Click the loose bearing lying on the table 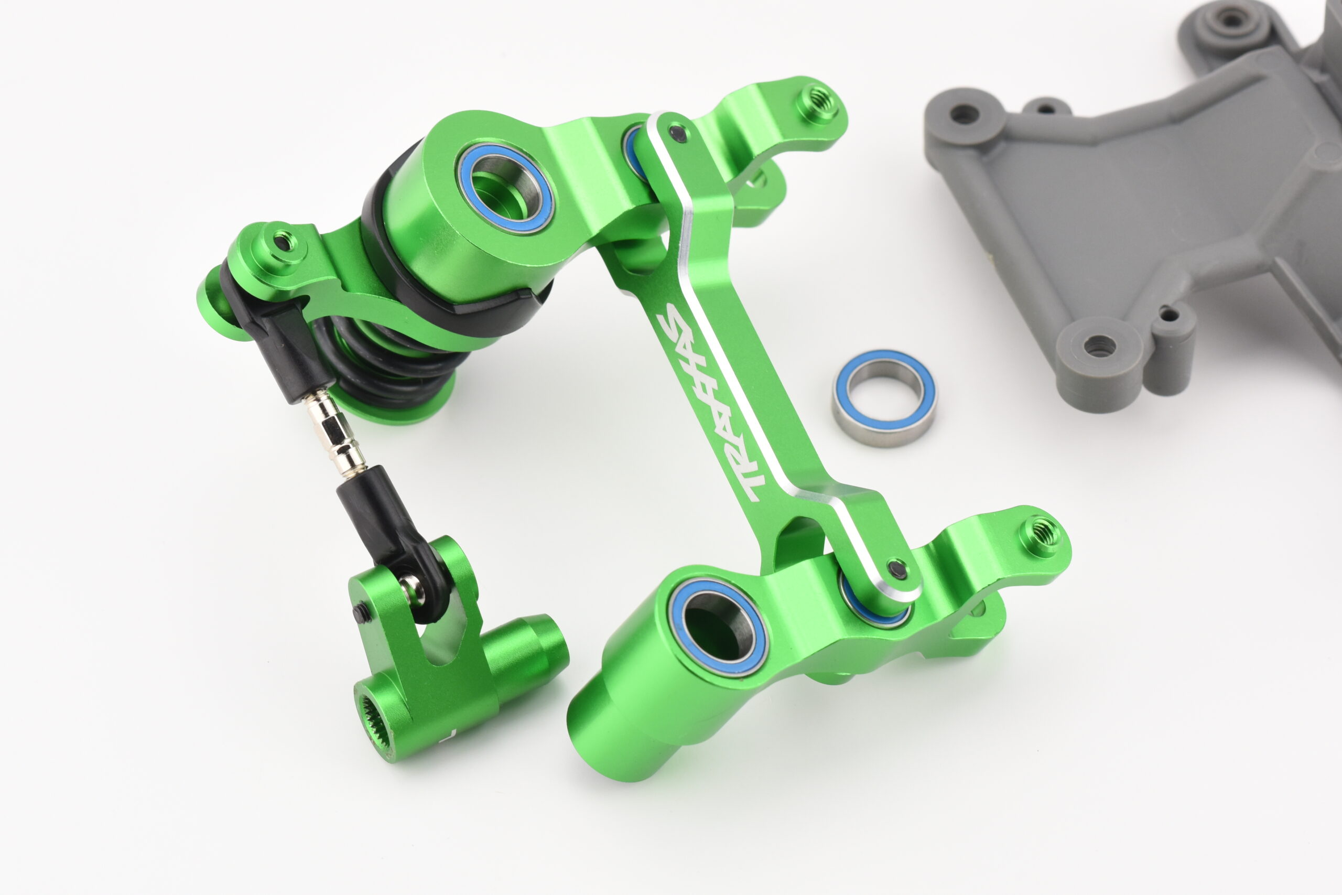point(884,398)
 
